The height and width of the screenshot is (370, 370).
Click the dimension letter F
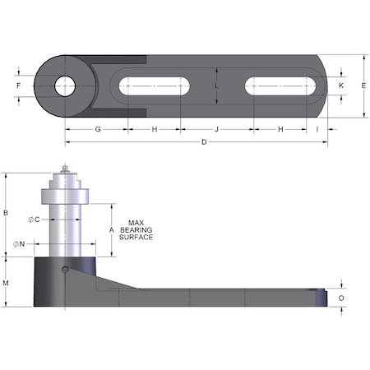pos(18,86)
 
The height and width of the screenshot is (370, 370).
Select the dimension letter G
pos(97,130)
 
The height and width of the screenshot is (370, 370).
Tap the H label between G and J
pos(154,130)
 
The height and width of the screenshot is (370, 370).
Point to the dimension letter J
pos(216,130)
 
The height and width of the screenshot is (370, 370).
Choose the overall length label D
pos(203,144)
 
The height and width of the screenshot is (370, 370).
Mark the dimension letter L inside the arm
pos(216,86)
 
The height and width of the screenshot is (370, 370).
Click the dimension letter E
pos(363,86)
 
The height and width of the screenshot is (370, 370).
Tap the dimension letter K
pos(340,86)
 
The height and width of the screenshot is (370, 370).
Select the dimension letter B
pos(7,214)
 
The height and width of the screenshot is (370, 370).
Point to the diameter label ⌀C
pos(33,219)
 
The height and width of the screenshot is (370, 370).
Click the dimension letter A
pos(111,229)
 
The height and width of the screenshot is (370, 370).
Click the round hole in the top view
pos(65,86)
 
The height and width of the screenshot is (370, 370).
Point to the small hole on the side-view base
pos(65,268)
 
